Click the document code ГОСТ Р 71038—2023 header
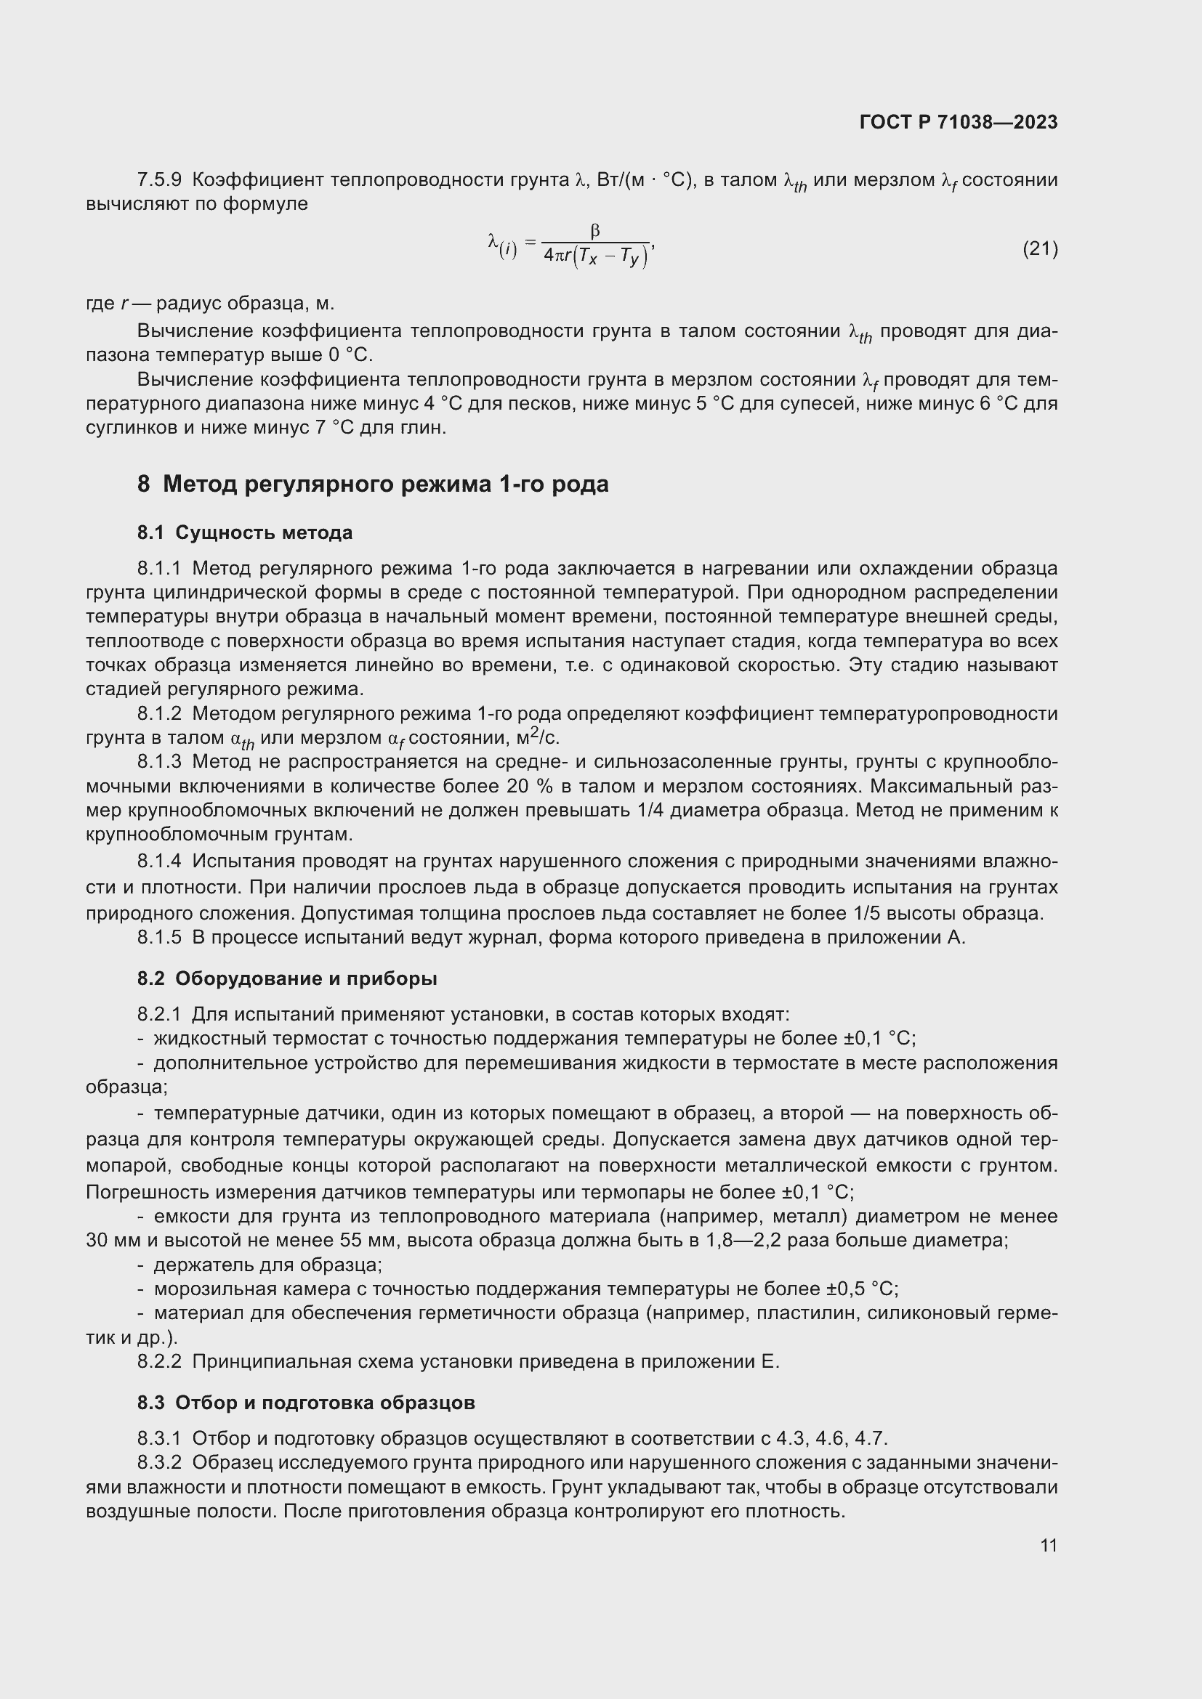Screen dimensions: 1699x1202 click(959, 122)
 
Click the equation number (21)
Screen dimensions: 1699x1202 click(1040, 248)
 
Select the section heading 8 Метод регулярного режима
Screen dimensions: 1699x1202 click(372, 484)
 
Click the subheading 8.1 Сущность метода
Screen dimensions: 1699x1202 click(244, 532)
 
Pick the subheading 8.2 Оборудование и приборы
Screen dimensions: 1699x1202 click(286, 978)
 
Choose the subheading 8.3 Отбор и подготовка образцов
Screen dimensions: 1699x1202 click(306, 1403)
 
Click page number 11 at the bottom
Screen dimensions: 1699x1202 click(1048, 1545)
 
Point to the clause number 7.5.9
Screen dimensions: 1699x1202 click(159, 180)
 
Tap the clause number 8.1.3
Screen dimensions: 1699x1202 click(159, 761)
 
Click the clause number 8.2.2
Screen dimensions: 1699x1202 click(159, 1361)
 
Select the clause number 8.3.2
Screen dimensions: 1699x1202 click(159, 1463)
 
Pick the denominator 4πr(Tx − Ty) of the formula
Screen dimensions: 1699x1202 click(595, 256)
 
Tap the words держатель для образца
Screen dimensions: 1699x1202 click(267, 1265)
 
